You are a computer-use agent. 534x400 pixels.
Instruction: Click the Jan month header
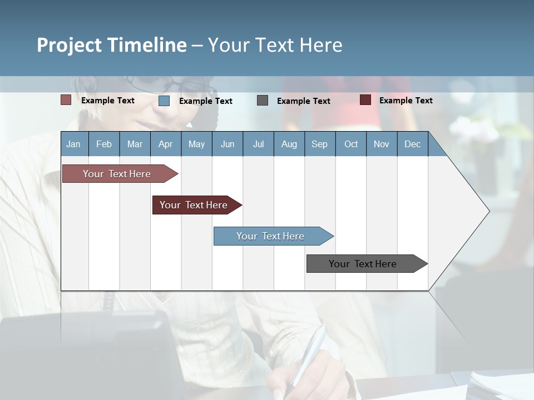click(74, 144)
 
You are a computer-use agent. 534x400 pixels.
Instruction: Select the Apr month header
click(166, 144)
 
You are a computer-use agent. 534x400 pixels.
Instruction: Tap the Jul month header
click(258, 144)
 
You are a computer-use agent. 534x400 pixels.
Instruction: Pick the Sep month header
click(319, 144)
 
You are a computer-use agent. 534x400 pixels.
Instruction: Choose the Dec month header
click(412, 144)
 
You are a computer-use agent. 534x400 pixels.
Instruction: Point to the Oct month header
click(350, 144)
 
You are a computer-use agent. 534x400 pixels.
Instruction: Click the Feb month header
click(104, 144)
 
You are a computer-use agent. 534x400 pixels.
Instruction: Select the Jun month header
click(228, 144)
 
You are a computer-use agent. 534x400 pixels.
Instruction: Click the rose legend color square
click(66, 100)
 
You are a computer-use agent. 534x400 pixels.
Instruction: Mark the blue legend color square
click(164, 101)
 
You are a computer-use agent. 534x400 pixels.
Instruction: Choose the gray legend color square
click(263, 100)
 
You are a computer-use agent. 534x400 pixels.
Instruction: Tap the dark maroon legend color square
click(365, 100)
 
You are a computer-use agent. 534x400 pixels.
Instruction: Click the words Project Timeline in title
click(112, 45)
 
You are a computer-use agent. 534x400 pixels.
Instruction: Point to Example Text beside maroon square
click(406, 100)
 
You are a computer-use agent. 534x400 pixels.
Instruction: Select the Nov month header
click(382, 144)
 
